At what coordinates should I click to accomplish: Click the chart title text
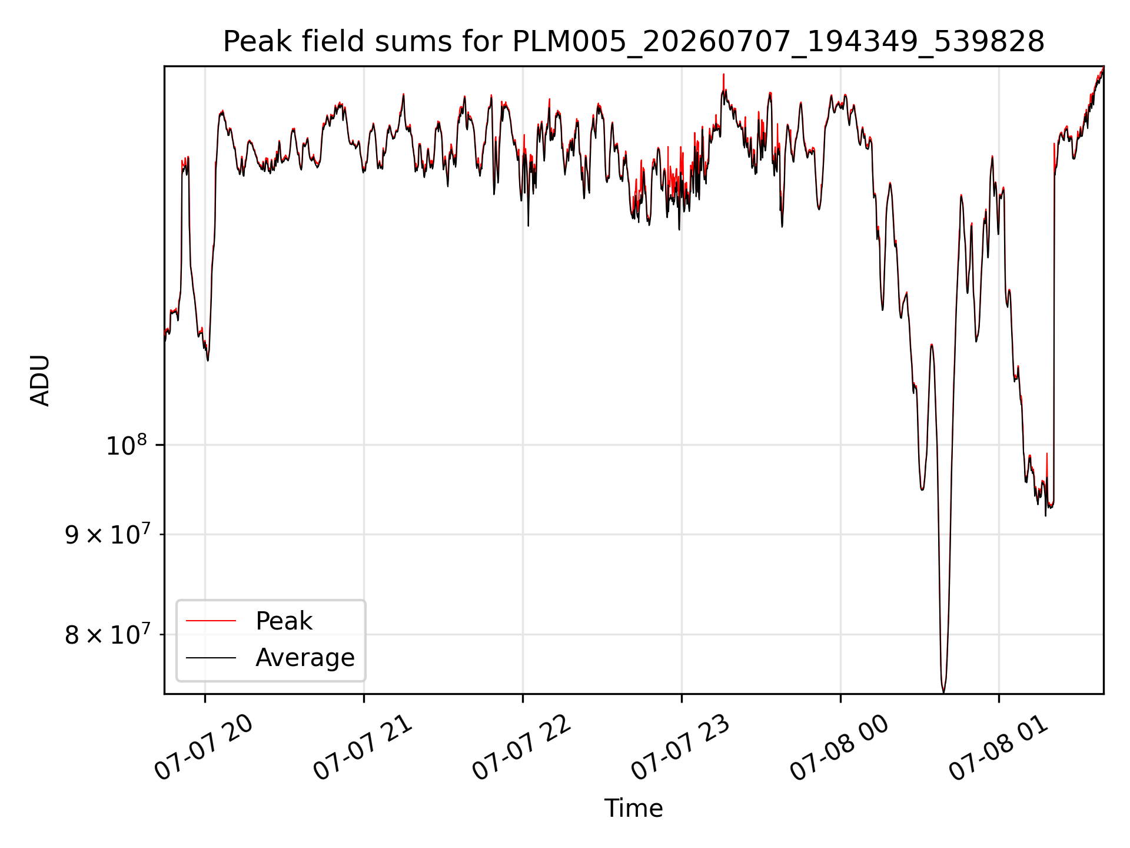click(x=634, y=42)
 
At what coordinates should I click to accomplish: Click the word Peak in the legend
click(x=284, y=621)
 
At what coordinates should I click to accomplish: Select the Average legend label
click(x=305, y=657)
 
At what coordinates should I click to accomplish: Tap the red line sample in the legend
click(x=211, y=621)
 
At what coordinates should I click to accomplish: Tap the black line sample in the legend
click(x=211, y=657)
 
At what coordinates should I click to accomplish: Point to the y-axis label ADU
click(x=40, y=380)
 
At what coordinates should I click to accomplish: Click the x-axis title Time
click(x=633, y=808)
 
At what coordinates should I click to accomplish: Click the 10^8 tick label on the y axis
click(x=126, y=445)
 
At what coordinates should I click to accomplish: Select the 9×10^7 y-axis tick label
click(x=107, y=534)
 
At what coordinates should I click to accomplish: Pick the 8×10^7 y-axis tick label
click(x=107, y=634)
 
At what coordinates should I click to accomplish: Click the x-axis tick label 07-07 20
click(x=204, y=747)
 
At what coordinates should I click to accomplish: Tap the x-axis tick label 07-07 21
click(x=363, y=747)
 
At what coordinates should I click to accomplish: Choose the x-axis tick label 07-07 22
click(x=521, y=747)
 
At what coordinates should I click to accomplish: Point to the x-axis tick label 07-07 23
click(x=680, y=747)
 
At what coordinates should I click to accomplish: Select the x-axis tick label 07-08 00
click(x=839, y=747)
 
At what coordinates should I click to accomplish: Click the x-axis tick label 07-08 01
click(x=998, y=747)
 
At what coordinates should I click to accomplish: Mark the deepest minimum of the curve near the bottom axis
click(x=943, y=692)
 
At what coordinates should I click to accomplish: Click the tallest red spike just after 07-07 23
click(x=723, y=75)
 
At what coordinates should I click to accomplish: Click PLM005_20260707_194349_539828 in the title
click(x=779, y=42)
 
